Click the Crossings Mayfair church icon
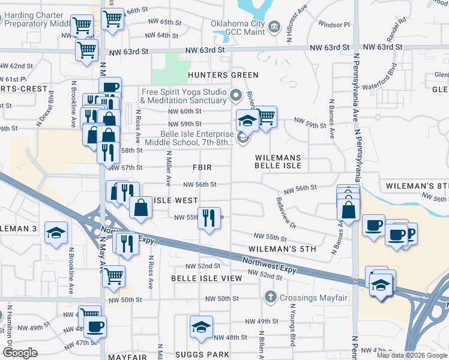pos(271,298)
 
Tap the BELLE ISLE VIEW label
pos(206,278)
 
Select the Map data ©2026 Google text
pos(411,355)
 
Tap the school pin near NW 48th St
pos(200,326)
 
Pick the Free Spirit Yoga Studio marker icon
pos(235,95)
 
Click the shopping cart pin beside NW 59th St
pos(266,116)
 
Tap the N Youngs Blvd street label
pos(293,324)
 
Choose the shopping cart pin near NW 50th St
pos(113,277)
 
